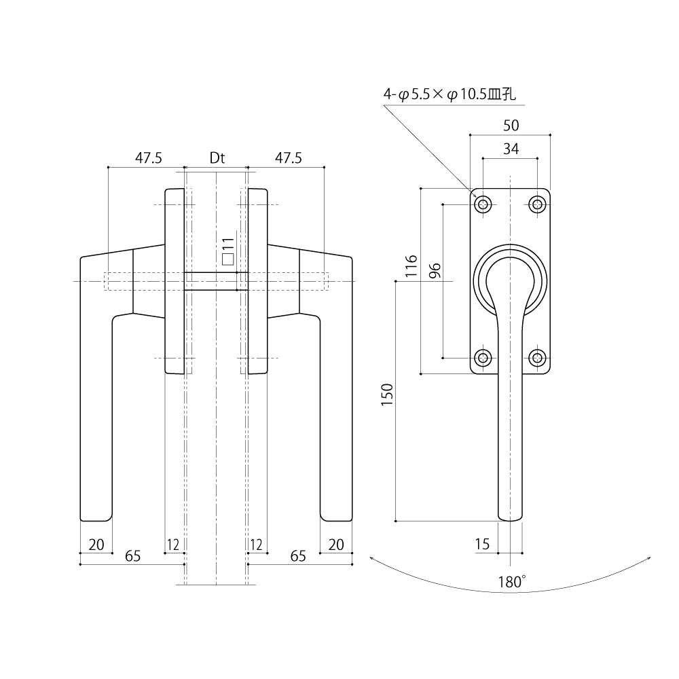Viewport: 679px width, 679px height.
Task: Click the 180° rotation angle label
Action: coord(513,581)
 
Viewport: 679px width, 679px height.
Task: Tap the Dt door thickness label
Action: coord(217,158)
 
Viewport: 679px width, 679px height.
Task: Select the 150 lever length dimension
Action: coord(387,394)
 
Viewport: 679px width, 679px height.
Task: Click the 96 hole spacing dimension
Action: coord(435,270)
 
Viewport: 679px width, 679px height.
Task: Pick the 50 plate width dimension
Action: coord(511,125)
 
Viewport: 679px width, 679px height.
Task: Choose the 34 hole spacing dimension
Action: coord(511,149)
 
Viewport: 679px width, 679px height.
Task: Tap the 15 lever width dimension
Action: coord(483,543)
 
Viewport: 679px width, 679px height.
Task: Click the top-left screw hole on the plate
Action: coord(483,204)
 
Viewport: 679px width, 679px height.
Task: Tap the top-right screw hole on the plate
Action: coord(538,204)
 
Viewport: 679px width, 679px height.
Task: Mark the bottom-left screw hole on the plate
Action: coord(483,358)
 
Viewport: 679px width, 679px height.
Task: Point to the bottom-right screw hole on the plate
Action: coord(538,358)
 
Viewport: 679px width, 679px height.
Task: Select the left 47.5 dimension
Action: coord(148,158)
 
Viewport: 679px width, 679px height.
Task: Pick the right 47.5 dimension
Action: coord(288,158)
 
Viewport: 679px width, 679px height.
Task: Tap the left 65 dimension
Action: coord(132,556)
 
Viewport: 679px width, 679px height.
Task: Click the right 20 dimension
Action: coord(337,544)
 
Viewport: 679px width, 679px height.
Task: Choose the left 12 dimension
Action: coord(172,544)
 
